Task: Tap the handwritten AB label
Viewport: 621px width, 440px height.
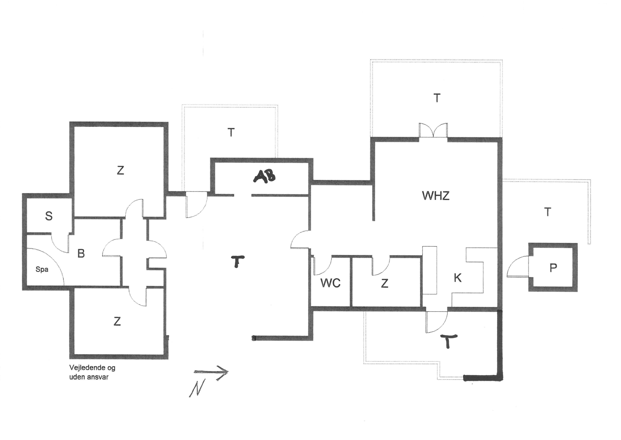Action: click(x=265, y=176)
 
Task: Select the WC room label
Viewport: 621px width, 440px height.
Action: click(x=330, y=283)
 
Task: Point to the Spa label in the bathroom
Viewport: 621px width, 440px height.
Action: click(x=42, y=269)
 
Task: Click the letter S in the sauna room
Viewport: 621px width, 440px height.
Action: click(x=49, y=216)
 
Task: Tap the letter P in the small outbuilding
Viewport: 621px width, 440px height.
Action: click(x=553, y=268)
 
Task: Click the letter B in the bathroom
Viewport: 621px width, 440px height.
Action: click(x=81, y=254)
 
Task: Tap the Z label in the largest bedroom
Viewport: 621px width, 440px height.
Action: click(x=120, y=170)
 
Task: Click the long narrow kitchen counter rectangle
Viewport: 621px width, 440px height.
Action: click(x=430, y=270)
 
